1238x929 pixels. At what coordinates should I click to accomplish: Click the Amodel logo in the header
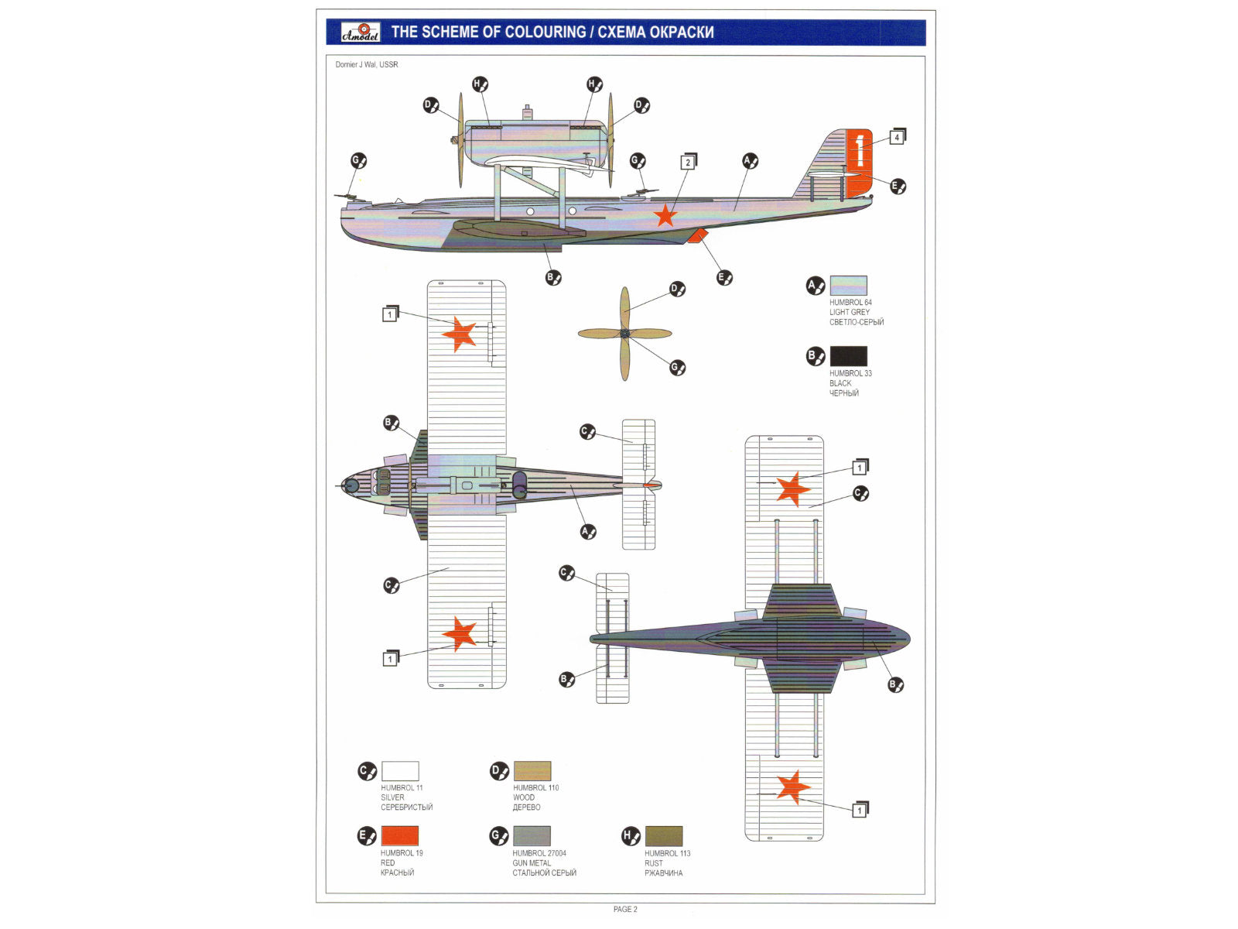click(361, 32)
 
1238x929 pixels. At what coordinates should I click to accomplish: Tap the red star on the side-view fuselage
click(665, 214)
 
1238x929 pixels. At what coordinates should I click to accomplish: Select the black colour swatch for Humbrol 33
click(849, 356)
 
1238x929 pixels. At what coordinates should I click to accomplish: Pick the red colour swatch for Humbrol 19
click(400, 836)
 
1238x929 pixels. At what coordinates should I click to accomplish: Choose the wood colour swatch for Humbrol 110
click(532, 771)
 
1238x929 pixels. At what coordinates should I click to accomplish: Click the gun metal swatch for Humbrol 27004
click(532, 836)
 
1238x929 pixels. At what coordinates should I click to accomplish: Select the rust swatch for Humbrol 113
click(664, 836)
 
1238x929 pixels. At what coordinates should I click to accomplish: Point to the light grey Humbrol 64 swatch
click(849, 286)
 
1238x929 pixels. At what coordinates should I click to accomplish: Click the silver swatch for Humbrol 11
click(400, 771)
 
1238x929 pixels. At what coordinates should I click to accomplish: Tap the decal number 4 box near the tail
click(896, 138)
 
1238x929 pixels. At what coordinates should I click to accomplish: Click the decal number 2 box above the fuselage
click(687, 163)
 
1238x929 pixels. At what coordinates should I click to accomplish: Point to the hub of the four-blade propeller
click(625, 334)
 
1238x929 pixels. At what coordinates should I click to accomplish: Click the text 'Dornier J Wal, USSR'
click(367, 65)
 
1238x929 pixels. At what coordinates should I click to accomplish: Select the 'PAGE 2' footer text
click(625, 909)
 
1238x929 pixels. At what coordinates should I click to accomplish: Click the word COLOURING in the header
click(545, 33)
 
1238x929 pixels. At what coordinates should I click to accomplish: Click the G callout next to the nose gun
click(358, 161)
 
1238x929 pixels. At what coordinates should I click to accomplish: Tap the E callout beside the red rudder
click(898, 186)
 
